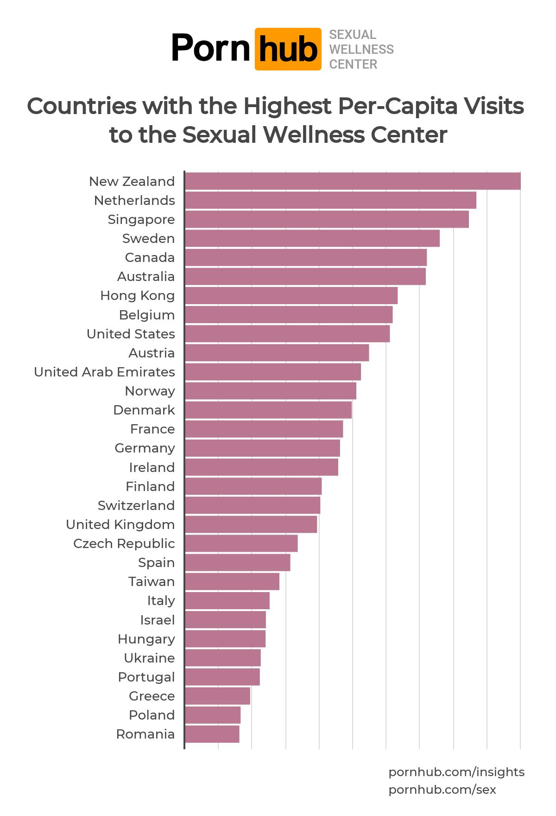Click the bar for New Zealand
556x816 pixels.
pyautogui.click(x=352, y=181)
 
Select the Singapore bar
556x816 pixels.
pyautogui.click(x=327, y=219)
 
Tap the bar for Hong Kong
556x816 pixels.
pyautogui.click(x=291, y=295)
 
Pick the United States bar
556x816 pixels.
pyautogui.click(x=287, y=334)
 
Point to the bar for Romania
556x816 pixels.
pyautogui.click(x=212, y=734)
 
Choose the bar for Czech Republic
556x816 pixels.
pyautogui.click(x=241, y=543)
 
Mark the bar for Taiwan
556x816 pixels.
pyautogui.click(x=232, y=581)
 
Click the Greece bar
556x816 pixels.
pyautogui.click(x=217, y=696)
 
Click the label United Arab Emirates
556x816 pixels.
pyautogui.click(x=104, y=372)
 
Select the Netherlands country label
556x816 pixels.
pyautogui.click(x=134, y=200)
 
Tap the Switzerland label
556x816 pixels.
pyautogui.click(x=136, y=505)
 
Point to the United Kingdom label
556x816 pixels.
pyautogui.click(x=120, y=524)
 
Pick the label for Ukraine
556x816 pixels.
pyautogui.click(x=149, y=658)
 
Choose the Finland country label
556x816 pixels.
pyautogui.click(x=150, y=486)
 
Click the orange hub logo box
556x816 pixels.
pyautogui.click(x=288, y=49)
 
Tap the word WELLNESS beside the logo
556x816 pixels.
pyautogui.click(x=361, y=49)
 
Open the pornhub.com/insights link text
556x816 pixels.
pyautogui.click(x=456, y=772)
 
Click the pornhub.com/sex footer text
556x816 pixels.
pyautogui.click(x=442, y=790)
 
